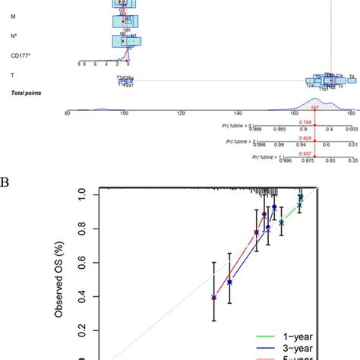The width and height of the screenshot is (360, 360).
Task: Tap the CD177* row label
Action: (21, 55)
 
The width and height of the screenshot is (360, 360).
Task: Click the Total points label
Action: (26, 93)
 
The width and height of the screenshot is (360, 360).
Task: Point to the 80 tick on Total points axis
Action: (68, 113)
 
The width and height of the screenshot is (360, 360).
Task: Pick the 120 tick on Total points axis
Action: (180, 113)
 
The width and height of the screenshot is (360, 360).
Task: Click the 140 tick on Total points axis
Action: (237, 113)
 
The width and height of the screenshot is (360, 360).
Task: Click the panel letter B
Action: (6, 183)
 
